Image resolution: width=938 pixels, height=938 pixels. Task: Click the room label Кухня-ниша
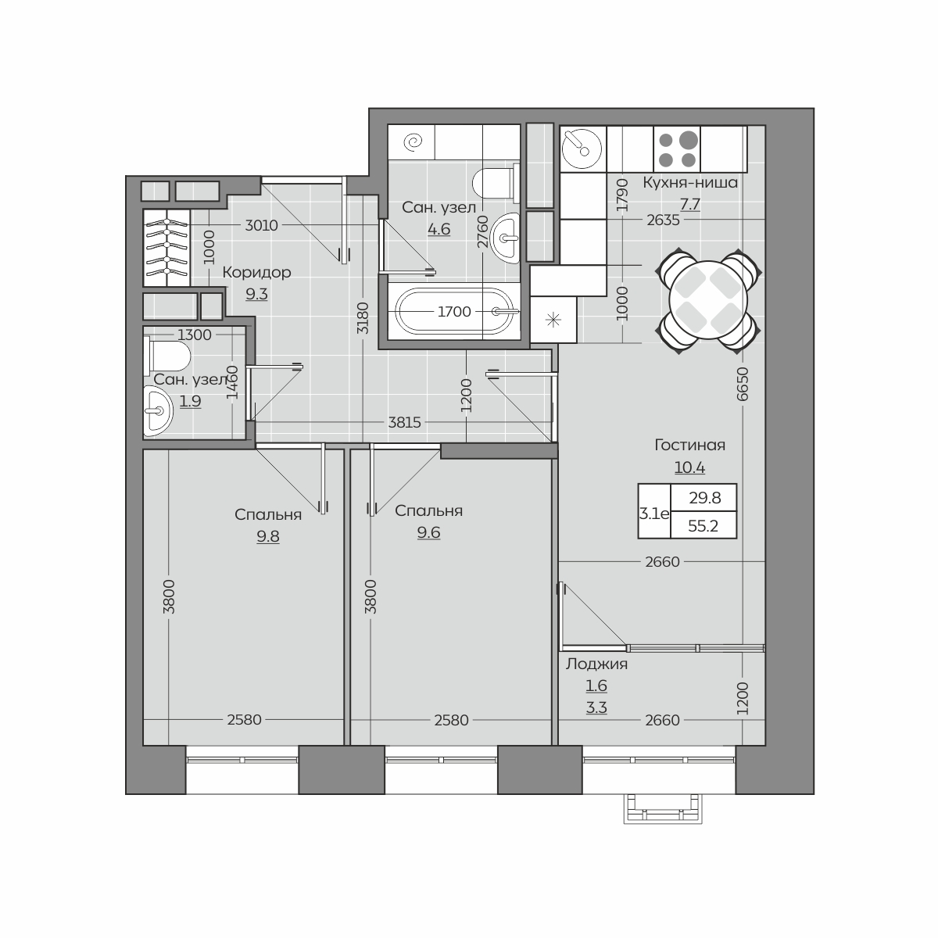click(x=689, y=183)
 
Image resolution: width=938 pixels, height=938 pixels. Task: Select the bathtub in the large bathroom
click(x=454, y=312)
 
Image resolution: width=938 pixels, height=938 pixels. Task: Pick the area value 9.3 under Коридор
click(x=256, y=295)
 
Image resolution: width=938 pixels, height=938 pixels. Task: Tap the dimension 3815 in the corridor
click(x=404, y=423)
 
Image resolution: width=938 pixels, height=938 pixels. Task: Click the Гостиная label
click(x=689, y=445)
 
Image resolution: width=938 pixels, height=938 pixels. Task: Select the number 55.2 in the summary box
click(x=703, y=526)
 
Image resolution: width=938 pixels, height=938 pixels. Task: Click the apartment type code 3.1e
click(x=654, y=514)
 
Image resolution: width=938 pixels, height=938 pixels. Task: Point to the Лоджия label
click(x=596, y=664)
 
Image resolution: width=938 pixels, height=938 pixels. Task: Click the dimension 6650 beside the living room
click(x=743, y=384)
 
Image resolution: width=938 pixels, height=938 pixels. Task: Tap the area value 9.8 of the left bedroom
click(x=268, y=536)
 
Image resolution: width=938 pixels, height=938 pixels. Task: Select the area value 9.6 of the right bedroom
click(x=429, y=532)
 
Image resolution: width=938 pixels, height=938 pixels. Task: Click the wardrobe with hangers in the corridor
click(x=166, y=248)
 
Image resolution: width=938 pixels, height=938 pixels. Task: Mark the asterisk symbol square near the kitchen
click(x=553, y=320)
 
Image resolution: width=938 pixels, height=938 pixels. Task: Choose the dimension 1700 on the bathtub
click(x=454, y=312)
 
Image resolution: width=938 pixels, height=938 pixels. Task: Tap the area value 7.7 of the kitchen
click(x=689, y=204)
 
